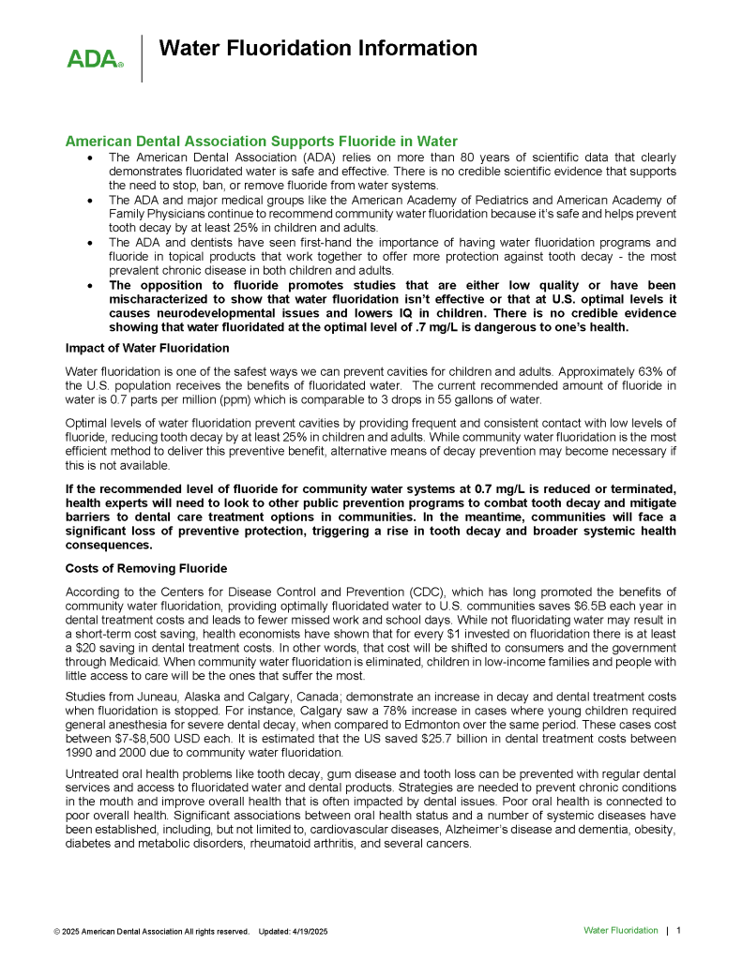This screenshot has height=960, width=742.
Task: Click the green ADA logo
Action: pyautogui.click(x=94, y=59)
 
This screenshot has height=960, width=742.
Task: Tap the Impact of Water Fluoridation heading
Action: pyautogui.click(x=147, y=348)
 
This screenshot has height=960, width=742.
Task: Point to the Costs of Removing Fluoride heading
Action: pyautogui.click(x=145, y=569)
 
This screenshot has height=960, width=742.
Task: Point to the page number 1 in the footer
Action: pyautogui.click(x=678, y=930)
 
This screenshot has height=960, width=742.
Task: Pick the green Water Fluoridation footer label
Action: pyautogui.click(x=620, y=930)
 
